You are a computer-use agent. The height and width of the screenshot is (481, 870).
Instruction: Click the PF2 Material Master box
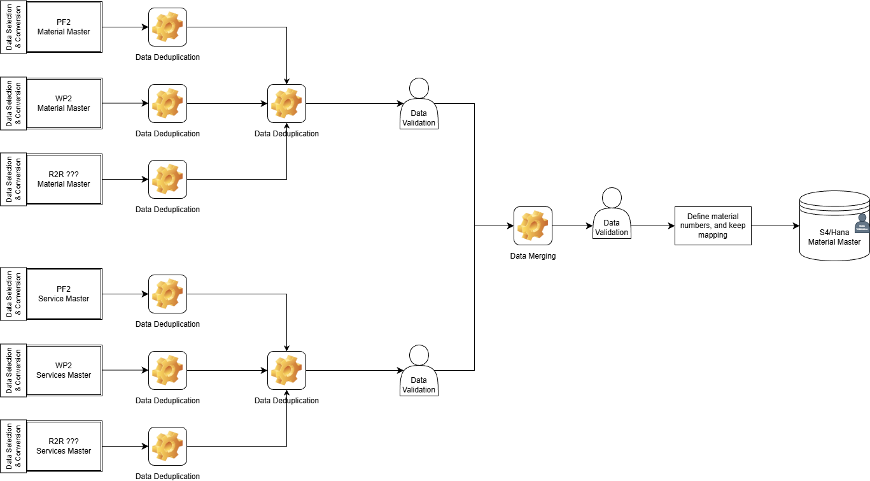point(64,27)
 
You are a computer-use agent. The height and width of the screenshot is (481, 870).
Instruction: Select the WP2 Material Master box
point(64,104)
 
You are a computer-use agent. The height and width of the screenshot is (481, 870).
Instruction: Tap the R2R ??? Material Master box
point(64,179)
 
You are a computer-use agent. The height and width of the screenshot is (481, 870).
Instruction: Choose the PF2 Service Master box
point(64,294)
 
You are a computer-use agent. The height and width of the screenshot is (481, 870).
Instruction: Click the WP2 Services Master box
point(64,371)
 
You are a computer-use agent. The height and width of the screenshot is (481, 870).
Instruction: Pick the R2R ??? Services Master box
point(64,446)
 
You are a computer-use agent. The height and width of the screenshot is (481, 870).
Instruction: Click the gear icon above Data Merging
point(533,226)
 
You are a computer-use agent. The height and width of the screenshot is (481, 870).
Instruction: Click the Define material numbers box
point(713,226)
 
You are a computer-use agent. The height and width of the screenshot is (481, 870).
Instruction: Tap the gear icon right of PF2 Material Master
point(167,27)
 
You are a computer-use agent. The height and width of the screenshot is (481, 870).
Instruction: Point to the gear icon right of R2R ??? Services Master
point(167,446)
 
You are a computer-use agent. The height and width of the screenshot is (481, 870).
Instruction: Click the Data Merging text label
point(533,256)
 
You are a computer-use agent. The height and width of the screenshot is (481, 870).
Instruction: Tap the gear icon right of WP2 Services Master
point(167,370)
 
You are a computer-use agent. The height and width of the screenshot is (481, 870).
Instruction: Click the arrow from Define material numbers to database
point(775,226)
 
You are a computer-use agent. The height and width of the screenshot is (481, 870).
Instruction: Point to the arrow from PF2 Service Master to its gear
point(125,294)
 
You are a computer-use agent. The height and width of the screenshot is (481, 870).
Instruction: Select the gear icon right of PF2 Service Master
point(167,294)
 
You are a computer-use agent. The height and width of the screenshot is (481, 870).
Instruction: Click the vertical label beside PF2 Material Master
point(13,27)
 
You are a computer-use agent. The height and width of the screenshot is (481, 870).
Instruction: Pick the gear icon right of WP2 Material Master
point(167,103)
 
